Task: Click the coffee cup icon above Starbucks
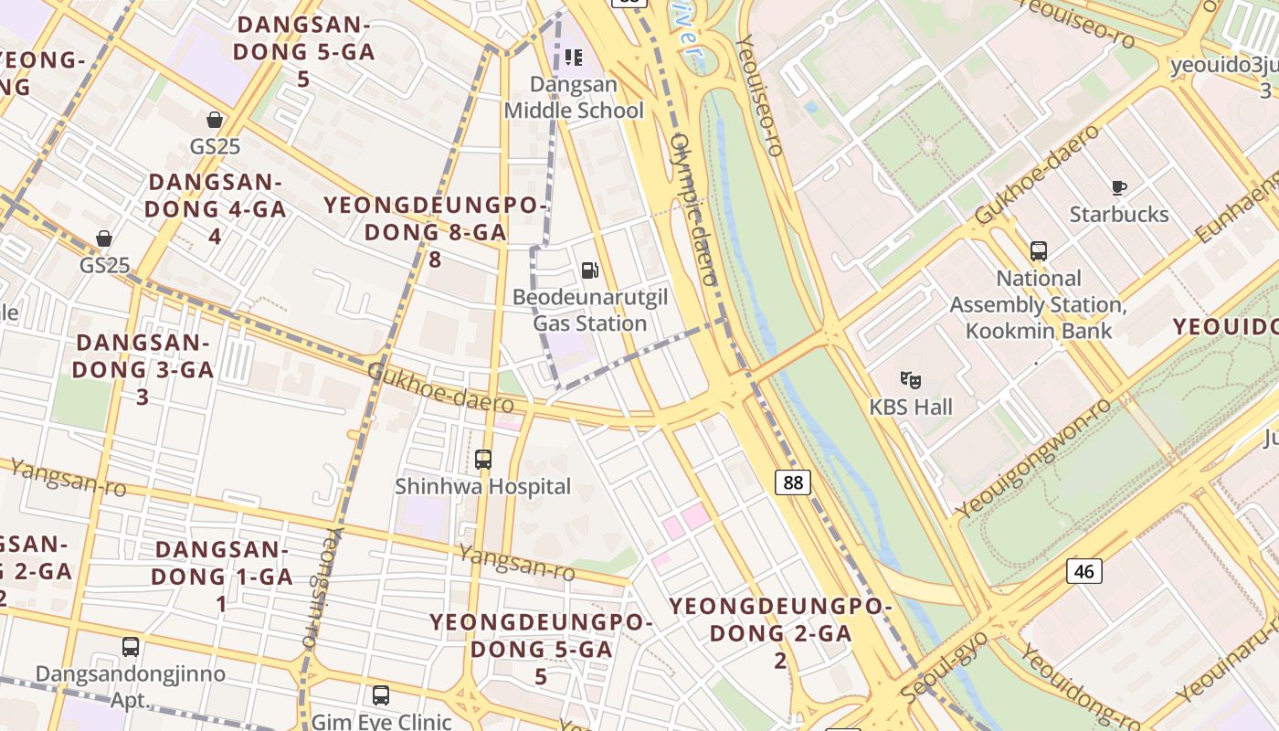[1119, 188]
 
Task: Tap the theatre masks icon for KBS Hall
[910, 379]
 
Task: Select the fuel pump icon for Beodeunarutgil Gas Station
[590, 270]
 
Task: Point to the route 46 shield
[1083, 571]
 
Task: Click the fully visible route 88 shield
[793, 482]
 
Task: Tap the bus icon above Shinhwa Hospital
[483, 460]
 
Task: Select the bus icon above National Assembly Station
[1038, 251]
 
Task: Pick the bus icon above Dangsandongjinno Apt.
[131, 647]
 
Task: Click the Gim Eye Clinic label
[382, 721]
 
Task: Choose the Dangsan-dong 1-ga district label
[221, 576]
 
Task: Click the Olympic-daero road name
[693, 209]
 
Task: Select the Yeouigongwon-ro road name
[1033, 458]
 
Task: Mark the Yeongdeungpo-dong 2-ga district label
[780, 632]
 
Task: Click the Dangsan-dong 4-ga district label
[216, 208]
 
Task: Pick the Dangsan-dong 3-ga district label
[143, 369]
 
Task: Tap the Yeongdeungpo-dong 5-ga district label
[542, 649]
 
